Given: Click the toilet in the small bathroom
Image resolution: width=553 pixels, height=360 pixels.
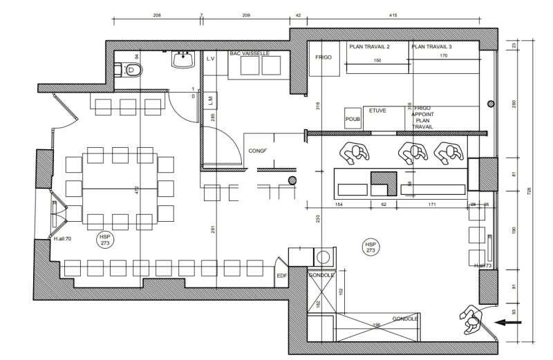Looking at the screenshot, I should coord(131,69).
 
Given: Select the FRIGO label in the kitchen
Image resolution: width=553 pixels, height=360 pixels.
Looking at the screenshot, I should coord(325,57).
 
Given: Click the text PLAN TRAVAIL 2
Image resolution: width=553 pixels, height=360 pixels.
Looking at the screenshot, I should coord(370,47).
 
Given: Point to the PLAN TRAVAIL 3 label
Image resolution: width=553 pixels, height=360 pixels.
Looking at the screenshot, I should coord(431,47).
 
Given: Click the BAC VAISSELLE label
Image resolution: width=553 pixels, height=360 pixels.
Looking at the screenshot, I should coord(250,53).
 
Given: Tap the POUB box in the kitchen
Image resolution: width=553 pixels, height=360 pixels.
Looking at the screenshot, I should coord(353,119).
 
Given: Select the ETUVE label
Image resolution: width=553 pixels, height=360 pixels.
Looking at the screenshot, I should coord(377,110).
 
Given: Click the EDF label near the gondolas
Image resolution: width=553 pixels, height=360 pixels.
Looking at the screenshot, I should coord(281,276).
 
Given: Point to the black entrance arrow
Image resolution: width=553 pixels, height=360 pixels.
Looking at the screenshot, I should coord(512,321).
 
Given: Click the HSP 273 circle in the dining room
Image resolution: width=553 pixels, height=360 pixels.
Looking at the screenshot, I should coord(104,240).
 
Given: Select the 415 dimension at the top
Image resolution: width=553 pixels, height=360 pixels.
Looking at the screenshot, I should coord(392,15).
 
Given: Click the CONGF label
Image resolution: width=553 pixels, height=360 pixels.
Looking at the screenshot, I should coord(257,151).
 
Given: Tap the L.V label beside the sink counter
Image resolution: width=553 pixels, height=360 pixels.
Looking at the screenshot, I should coord(212,59).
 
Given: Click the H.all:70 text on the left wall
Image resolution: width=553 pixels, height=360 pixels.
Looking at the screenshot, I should coord(62,240).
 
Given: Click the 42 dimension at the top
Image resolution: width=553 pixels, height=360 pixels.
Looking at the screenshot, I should coord(298,15).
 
